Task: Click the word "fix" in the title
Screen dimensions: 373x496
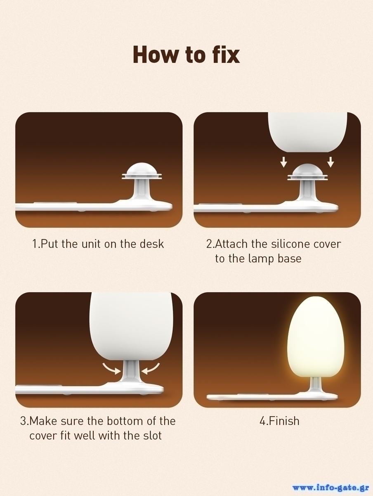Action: [x=226, y=55]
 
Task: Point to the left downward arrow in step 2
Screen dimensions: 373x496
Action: [x=284, y=162]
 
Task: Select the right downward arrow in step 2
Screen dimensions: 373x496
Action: [x=331, y=162]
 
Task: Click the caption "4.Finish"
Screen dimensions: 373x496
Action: [x=279, y=421]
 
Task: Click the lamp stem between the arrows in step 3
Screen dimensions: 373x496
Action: [x=130, y=373]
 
